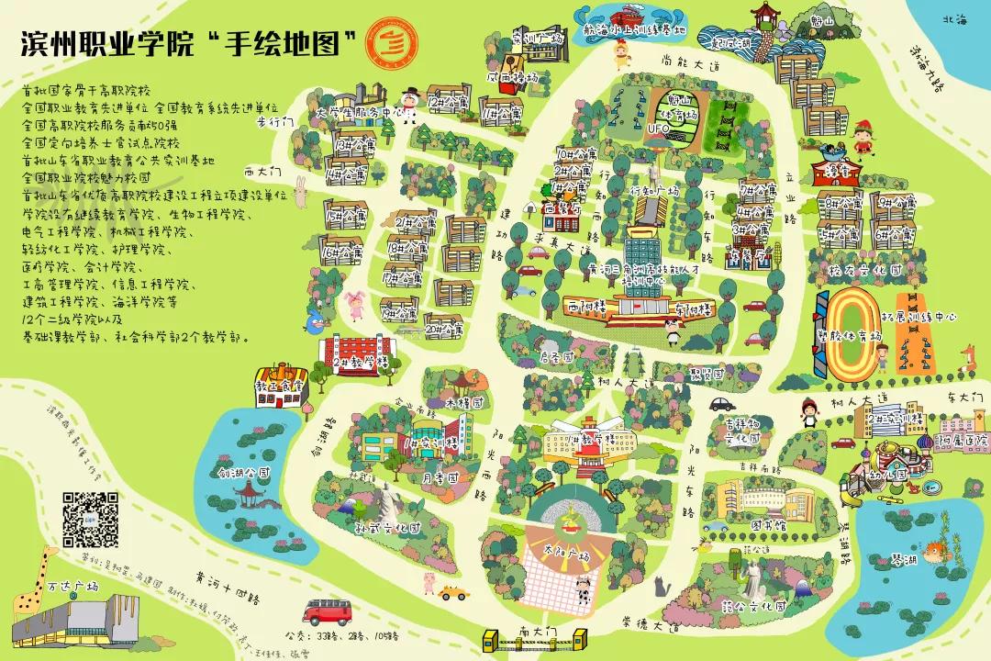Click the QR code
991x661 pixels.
(x=90, y=520)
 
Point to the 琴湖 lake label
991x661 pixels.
(x=903, y=559)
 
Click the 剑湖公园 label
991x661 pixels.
(x=243, y=474)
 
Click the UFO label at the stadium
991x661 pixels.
(x=659, y=129)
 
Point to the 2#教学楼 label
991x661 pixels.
(x=358, y=363)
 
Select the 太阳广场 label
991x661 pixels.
(x=566, y=552)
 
